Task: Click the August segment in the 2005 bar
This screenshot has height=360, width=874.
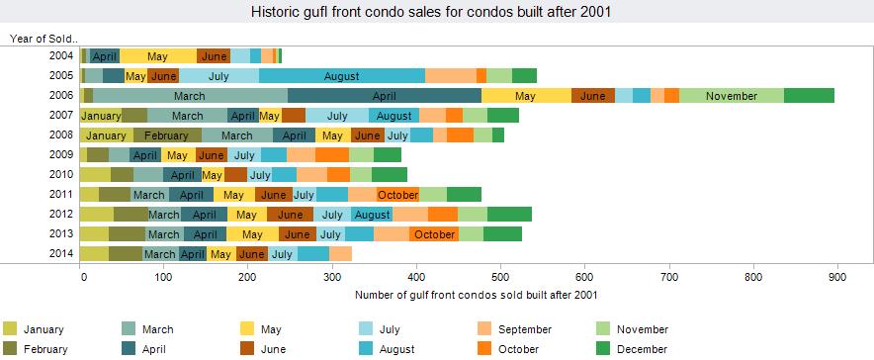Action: (x=341, y=75)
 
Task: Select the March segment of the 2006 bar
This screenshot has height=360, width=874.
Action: (x=190, y=96)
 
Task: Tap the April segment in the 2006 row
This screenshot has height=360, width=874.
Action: (x=385, y=96)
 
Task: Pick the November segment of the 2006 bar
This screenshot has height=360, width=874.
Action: (x=732, y=96)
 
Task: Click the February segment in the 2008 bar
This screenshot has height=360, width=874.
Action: (x=167, y=135)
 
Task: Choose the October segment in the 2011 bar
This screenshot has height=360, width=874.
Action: (x=397, y=195)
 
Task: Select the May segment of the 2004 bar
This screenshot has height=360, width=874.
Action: (x=157, y=56)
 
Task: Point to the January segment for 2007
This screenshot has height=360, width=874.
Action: (x=101, y=116)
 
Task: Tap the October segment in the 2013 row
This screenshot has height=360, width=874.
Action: (x=433, y=234)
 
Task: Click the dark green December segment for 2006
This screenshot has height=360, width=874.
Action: (x=809, y=96)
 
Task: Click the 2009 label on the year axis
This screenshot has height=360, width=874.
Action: (x=61, y=155)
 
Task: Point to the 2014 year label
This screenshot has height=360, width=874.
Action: (x=61, y=254)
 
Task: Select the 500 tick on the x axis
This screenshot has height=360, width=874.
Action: (x=501, y=278)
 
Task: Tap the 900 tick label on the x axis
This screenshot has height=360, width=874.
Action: (x=837, y=278)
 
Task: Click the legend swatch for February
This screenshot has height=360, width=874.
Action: (x=11, y=348)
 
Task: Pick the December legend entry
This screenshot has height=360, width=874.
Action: (x=642, y=348)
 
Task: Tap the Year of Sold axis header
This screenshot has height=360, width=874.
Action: (x=44, y=38)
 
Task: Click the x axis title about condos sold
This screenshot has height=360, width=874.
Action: (x=474, y=296)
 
